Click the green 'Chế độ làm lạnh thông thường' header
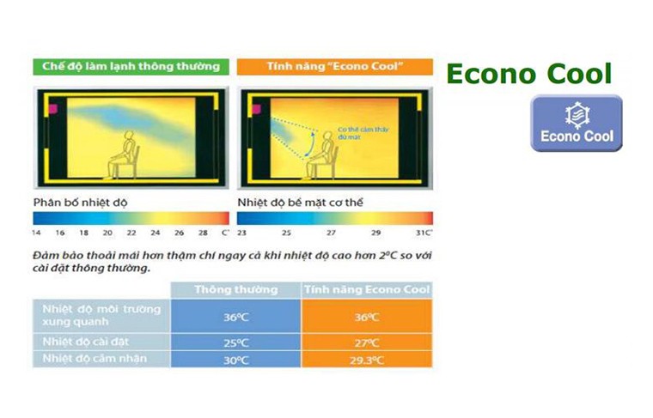(x=126, y=66)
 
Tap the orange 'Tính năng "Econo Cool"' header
(x=334, y=66)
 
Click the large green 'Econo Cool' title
(x=528, y=74)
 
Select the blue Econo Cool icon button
(x=576, y=123)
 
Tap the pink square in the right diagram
(x=253, y=108)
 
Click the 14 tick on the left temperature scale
(x=37, y=233)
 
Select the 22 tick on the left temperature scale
(x=131, y=233)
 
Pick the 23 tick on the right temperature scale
(x=241, y=233)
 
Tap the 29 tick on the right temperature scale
(x=375, y=233)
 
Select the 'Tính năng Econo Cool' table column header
(x=367, y=289)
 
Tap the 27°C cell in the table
(x=367, y=342)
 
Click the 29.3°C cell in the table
(x=367, y=360)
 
